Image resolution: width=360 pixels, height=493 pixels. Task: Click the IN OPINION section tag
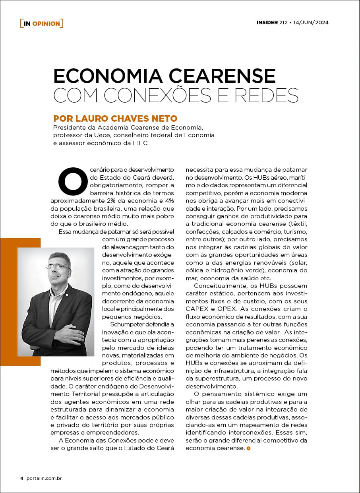(x=41, y=23)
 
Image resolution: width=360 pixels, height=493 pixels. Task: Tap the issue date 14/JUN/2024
(x=311, y=22)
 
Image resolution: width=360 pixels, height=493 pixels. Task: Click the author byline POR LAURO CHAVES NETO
(x=115, y=118)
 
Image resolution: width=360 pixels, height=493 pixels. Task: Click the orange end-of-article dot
(x=248, y=448)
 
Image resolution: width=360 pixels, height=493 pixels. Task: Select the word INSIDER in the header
(x=267, y=22)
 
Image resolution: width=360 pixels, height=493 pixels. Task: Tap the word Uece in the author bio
(x=95, y=135)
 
